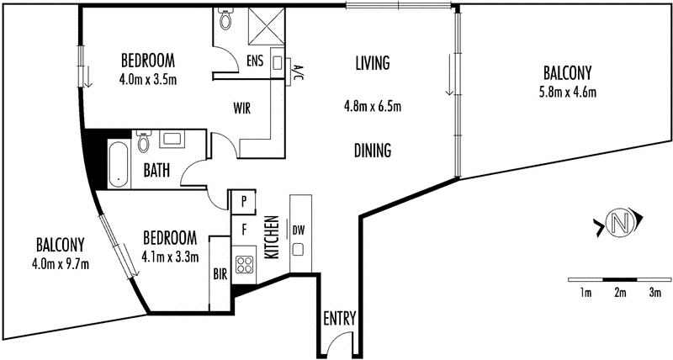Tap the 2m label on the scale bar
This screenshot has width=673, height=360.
tap(620, 293)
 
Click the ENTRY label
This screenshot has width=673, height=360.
tap(340, 319)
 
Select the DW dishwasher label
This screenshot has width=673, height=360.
tap(299, 230)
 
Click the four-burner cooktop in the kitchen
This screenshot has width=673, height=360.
tap(244, 265)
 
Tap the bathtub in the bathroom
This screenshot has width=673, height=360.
tap(118, 164)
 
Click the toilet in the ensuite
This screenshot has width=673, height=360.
tap(225, 19)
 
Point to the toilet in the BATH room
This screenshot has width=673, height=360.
tap(143, 141)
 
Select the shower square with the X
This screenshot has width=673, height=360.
tap(267, 26)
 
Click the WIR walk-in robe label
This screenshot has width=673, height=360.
tap(241, 109)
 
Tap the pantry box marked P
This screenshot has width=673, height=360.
tap(244, 202)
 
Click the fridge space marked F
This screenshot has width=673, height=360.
tap(244, 230)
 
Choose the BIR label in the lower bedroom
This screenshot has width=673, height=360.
tap(220, 274)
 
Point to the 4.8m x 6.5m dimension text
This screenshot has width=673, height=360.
tap(373, 106)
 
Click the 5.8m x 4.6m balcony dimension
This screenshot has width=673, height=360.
tap(567, 93)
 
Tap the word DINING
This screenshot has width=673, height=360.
tap(373, 151)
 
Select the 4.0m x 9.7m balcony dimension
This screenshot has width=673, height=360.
tap(61, 264)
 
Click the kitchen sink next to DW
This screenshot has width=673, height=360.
tap(299, 249)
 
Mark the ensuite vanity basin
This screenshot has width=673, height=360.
tap(277, 62)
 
